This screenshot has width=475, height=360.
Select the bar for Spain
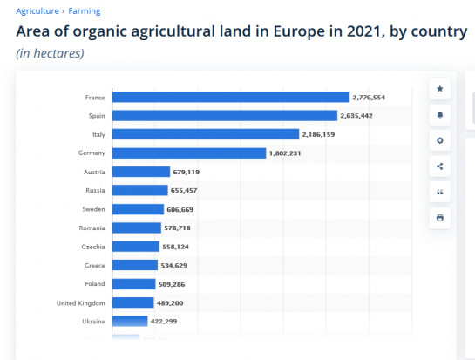pyautogui.click(x=224, y=116)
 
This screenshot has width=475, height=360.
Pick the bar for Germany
pyautogui.click(x=188, y=153)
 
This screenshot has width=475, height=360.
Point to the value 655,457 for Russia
pyautogui.click(x=184, y=190)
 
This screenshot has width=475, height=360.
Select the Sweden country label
pyautogui.click(x=93, y=209)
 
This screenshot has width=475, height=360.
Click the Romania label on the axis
pyautogui.click(x=92, y=228)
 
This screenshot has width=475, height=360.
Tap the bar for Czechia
pyautogui.click(x=136, y=247)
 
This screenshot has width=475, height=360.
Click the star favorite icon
pyautogui.click(x=439, y=90)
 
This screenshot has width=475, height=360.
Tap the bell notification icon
pyautogui.click(x=439, y=115)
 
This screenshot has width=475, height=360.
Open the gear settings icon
pyautogui.click(x=439, y=140)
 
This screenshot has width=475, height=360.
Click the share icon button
pyautogui.click(x=439, y=166)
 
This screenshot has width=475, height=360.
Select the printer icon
pyautogui.click(x=439, y=218)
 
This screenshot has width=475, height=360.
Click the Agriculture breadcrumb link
pyautogui.click(x=37, y=11)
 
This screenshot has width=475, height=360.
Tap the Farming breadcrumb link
pyautogui.click(x=84, y=11)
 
